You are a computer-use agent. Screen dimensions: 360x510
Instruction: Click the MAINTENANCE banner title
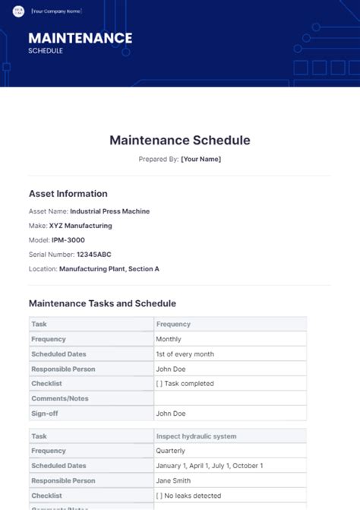pos(80,38)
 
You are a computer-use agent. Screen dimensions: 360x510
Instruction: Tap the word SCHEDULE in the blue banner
pos(46,51)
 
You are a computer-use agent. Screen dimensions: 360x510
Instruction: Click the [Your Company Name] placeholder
pos(55,11)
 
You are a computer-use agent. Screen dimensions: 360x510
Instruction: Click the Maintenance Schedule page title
pos(180,141)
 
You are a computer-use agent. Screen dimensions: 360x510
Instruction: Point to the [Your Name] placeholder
pos(201,160)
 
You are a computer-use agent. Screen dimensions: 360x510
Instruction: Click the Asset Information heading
pos(68,194)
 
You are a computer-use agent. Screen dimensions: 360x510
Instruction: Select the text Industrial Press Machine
pos(109,211)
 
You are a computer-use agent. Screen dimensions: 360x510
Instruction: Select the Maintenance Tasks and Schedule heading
pos(103,303)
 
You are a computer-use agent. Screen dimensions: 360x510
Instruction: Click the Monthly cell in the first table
pos(169,339)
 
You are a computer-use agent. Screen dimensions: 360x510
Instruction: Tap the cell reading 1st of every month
pos(185,354)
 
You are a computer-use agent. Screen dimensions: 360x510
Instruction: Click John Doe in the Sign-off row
pos(171,413)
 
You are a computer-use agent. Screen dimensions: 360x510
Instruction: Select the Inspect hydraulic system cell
pos(196,436)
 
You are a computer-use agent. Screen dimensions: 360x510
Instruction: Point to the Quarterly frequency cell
pos(170,451)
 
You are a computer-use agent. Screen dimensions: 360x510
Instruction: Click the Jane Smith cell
pos(174,480)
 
